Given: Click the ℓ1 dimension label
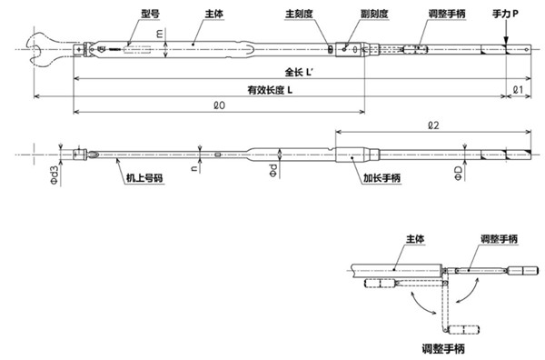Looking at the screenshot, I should tap(517, 90).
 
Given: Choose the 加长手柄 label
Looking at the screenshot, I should tap(376, 181).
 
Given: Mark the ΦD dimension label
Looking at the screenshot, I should tap(457, 172).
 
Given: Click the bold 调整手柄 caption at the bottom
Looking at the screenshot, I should tap(445, 347).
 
